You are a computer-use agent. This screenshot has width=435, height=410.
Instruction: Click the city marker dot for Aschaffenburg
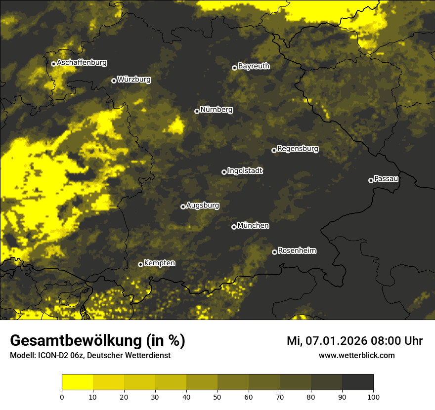(x=53, y=64)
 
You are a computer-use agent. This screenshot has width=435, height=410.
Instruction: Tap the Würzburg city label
(x=134, y=80)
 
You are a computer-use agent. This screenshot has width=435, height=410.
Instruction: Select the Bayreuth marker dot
(x=235, y=68)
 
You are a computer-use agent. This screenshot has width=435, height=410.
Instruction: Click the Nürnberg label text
(x=217, y=110)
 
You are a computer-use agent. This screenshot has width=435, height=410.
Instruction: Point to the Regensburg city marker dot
(x=274, y=150)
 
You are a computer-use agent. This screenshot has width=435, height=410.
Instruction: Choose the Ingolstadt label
(x=245, y=171)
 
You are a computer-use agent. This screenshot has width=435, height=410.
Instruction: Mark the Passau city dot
(x=371, y=180)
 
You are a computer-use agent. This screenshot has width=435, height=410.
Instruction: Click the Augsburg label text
(x=203, y=205)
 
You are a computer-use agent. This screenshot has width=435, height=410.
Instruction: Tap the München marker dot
(x=234, y=227)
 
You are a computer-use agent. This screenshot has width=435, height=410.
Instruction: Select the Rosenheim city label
(x=297, y=250)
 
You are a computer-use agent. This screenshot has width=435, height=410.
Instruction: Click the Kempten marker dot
(x=140, y=264)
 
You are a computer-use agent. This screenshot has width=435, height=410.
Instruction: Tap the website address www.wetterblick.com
(x=357, y=355)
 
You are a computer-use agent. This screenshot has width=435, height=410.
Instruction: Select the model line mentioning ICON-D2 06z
(x=90, y=356)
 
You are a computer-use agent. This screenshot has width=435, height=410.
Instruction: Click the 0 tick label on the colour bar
(x=62, y=397)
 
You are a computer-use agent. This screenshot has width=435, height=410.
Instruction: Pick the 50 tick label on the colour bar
(x=217, y=397)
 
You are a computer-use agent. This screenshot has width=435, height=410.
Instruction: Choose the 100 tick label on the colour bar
(x=373, y=397)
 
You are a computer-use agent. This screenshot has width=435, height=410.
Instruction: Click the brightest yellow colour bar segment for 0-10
(x=77, y=382)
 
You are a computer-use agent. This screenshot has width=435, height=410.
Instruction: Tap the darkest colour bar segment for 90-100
(x=357, y=382)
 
